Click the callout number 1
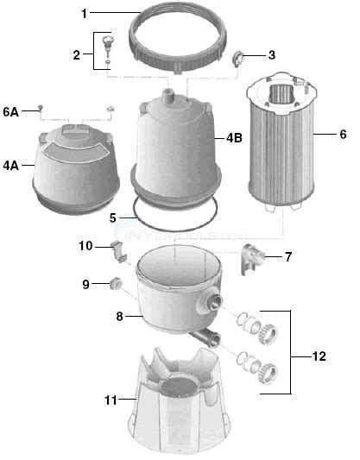84,15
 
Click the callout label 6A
10,110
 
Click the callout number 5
112,218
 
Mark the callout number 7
288,256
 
